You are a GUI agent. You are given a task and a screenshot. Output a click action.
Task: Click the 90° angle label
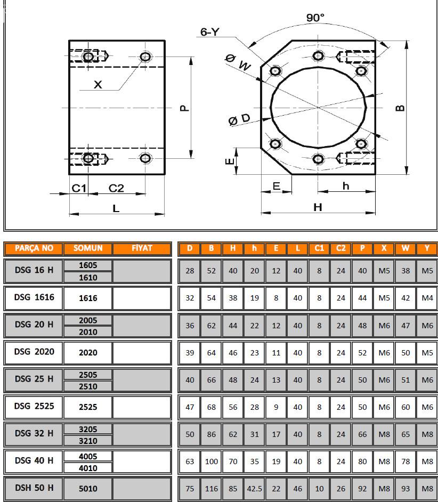315,18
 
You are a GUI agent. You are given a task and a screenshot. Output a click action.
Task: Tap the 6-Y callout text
209,32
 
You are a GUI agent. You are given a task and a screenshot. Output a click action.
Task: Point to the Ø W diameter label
238,62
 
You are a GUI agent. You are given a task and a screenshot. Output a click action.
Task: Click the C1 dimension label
79,188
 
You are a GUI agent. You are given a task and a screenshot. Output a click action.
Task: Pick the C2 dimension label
116,188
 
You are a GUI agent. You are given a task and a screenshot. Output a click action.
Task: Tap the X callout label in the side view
98,84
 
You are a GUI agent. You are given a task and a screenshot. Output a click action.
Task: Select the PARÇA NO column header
34,248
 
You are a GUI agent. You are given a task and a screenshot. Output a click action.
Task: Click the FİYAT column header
142,248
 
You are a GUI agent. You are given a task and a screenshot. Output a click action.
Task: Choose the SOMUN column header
88,248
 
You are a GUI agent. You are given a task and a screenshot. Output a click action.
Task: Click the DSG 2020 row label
34,352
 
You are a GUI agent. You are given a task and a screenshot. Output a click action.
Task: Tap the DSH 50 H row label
34,488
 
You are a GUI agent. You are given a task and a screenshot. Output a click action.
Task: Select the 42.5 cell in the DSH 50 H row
255,489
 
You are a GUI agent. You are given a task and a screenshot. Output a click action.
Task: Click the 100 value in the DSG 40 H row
212,461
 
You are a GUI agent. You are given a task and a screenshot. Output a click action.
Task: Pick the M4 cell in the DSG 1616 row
427,298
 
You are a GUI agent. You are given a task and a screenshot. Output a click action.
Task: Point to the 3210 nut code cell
88,441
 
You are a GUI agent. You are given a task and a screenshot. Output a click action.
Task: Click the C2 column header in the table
341,248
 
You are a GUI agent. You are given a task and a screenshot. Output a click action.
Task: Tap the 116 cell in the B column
212,489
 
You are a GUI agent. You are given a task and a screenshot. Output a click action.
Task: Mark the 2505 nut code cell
88,375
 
